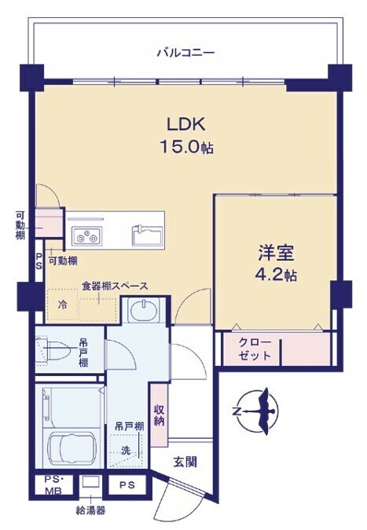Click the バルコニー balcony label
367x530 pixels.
pos(185,53)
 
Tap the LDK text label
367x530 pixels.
pos(186,124)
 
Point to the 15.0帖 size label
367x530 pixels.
pos(186,147)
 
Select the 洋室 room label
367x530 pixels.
pos(276,253)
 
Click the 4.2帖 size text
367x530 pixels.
pos(276,275)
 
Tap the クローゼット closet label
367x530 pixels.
pos(255,349)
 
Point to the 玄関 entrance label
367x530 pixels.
pos(185,462)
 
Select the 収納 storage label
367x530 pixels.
pos(159,415)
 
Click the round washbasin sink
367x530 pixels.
pos(144,310)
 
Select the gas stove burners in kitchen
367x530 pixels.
pos(86,236)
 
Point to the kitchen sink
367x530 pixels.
pos(147,235)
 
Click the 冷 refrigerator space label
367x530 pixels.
pos(62,305)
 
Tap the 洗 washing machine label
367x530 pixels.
pos(126,450)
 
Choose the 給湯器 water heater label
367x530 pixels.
pos(90,510)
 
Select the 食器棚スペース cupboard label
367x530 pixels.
pos(115,286)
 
